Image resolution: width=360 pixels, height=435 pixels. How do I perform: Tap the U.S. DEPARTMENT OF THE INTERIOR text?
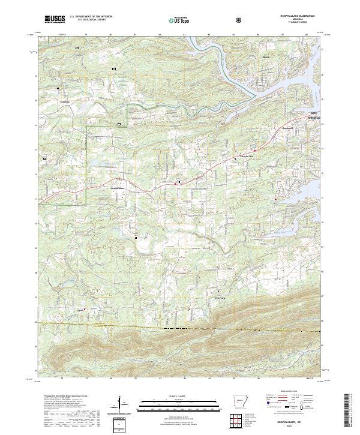[91, 17]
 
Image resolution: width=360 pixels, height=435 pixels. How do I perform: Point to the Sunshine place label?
[66, 101]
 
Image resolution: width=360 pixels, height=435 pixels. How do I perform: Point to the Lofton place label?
[77, 310]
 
